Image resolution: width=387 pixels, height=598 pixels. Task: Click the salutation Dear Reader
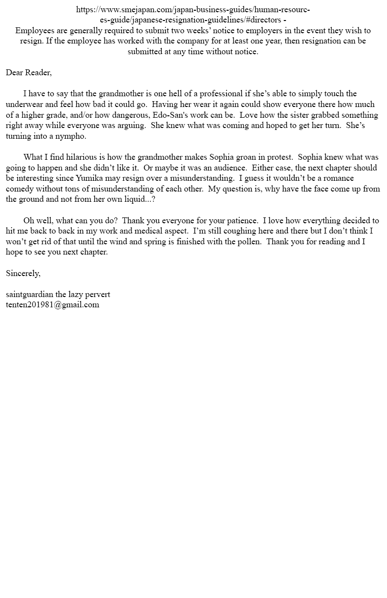(x=28, y=73)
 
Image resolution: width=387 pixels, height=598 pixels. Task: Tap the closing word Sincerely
(x=23, y=274)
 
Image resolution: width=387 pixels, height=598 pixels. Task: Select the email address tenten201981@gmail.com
(x=52, y=305)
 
